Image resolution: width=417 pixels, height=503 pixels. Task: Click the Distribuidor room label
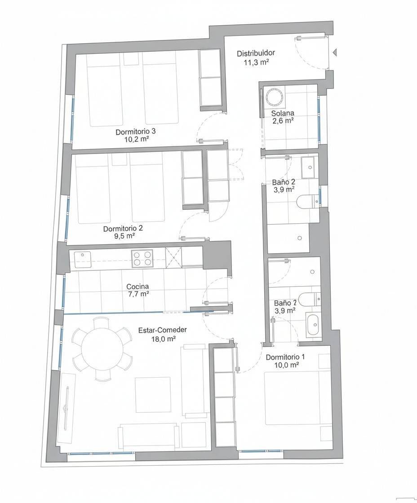click(x=256, y=53)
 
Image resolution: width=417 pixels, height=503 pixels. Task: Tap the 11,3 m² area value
click(x=256, y=62)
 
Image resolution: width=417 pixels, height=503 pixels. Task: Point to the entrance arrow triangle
click(x=335, y=53)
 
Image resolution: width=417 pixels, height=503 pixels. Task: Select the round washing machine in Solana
click(x=274, y=96)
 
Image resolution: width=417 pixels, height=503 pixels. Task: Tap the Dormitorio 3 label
click(x=136, y=132)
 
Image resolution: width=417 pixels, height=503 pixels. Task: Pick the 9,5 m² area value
click(x=120, y=235)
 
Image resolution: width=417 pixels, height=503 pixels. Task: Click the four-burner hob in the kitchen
click(x=142, y=258)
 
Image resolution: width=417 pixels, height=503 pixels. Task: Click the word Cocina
click(x=138, y=286)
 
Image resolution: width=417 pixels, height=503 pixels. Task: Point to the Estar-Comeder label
click(x=162, y=330)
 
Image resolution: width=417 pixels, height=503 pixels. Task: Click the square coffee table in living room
click(x=153, y=395)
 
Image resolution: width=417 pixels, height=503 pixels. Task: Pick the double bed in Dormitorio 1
click(x=293, y=397)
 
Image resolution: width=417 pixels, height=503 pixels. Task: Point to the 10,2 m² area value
click(x=137, y=139)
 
